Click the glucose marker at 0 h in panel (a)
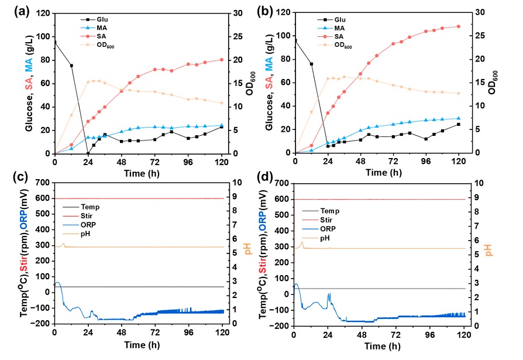(x=55, y=42)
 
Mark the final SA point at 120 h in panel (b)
(x=459, y=26)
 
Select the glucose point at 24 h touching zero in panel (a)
(x=88, y=153)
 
